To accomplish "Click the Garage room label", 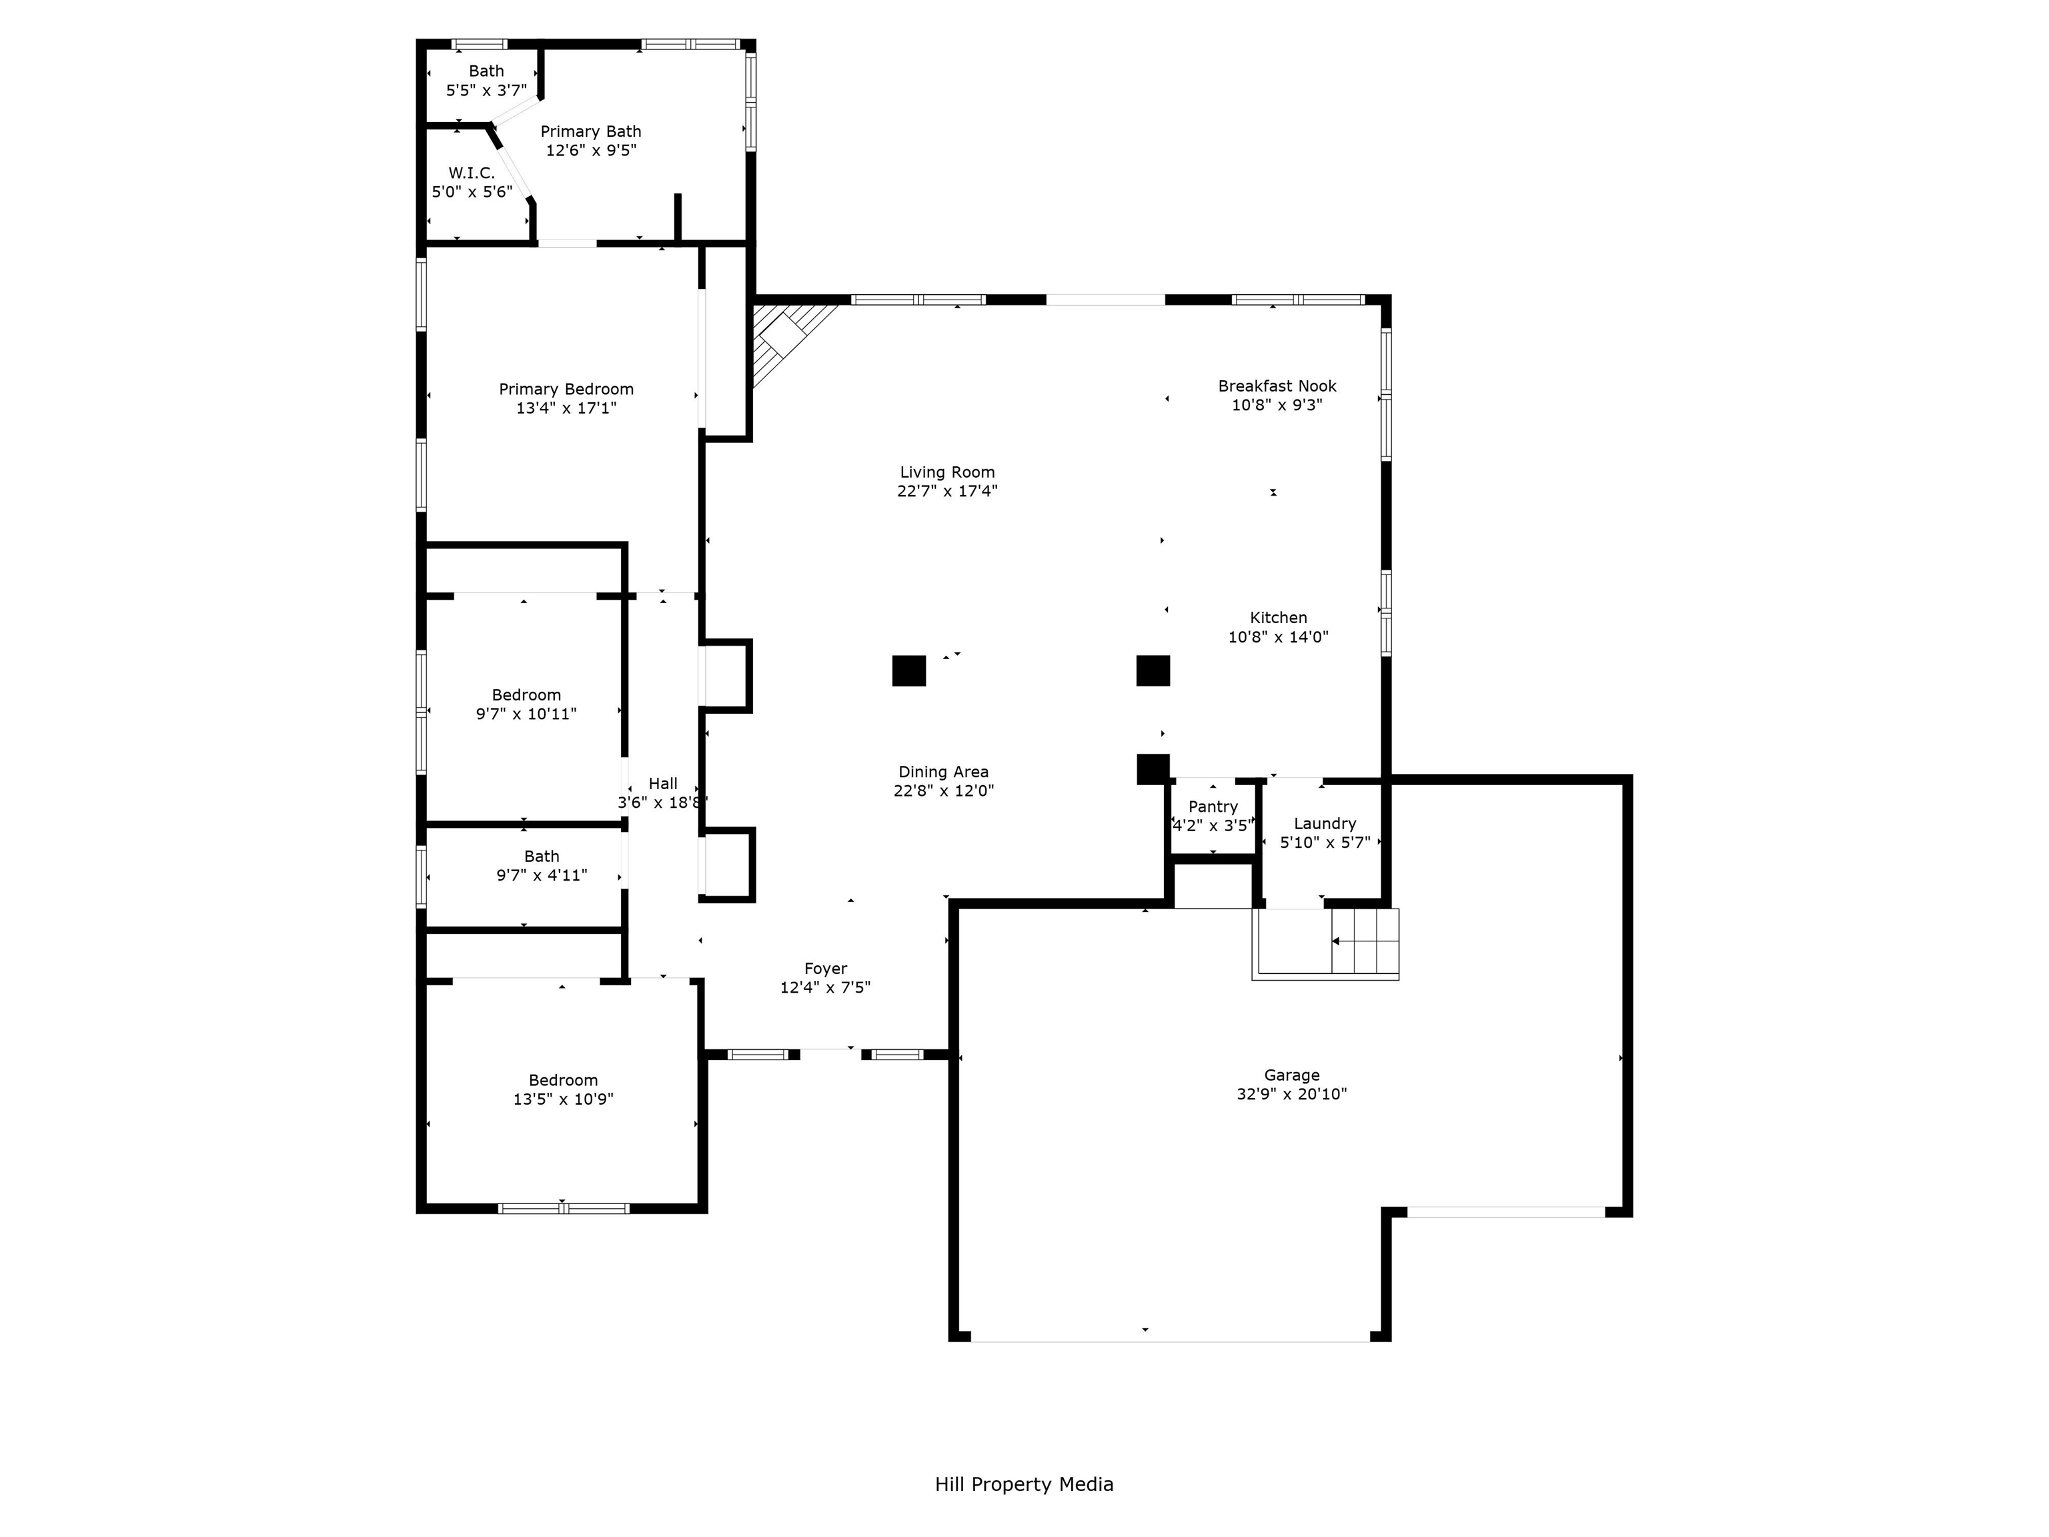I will tap(1291, 1075).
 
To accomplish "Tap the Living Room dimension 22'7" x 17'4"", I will tap(946, 491).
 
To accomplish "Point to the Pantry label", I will tap(1213, 806).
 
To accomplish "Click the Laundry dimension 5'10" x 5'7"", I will tap(1325, 842).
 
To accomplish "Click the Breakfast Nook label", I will tap(1277, 386).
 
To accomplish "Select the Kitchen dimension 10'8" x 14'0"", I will tap(1279, 636).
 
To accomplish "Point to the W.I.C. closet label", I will tap(472, 172).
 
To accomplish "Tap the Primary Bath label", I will tap(590, 131).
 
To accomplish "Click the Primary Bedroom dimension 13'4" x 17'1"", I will tap(566, 408).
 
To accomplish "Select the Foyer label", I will tap(825, 968).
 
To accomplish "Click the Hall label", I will tap(662, 783).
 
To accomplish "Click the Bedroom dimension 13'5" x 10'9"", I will tap(563, 1099).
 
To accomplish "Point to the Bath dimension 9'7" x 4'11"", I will tap(542, 875).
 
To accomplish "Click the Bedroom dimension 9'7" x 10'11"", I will tap(526, 713).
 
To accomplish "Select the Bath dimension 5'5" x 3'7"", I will tap(486, 90).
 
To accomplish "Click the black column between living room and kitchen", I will tap(1153, 670).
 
